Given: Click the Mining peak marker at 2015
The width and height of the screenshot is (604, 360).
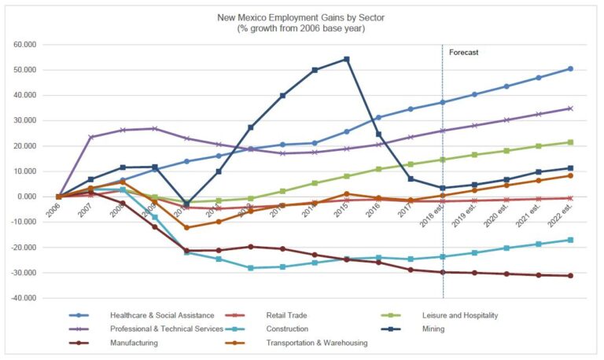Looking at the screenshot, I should click(x=346, y=59).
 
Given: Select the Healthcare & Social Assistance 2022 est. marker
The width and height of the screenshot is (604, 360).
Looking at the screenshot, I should click(x=570, y=68).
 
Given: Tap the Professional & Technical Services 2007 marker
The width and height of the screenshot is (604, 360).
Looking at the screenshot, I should click(x=90, y=137).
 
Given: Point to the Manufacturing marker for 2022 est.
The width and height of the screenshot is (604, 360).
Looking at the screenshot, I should click(x=570, y=276).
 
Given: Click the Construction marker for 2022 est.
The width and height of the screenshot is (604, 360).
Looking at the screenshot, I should click(x=570, y=240).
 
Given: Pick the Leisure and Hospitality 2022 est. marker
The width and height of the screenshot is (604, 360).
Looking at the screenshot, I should click(x=570, y=142).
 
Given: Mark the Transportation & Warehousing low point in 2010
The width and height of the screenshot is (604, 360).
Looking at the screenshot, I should click(x=186, y=228).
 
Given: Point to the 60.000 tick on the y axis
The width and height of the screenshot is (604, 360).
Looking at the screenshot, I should click(x=25, y=45).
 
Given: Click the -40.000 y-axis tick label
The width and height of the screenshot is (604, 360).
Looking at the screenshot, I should click(x=24, y=298).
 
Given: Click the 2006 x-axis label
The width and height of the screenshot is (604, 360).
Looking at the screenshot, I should click(x=53, y=211).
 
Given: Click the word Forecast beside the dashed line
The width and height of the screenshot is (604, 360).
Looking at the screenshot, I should click(x=464, y=53).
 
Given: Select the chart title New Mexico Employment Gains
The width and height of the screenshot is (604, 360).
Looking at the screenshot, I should click(x=301, y=17).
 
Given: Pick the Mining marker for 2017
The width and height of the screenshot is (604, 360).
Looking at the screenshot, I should click(x=411, y=179).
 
